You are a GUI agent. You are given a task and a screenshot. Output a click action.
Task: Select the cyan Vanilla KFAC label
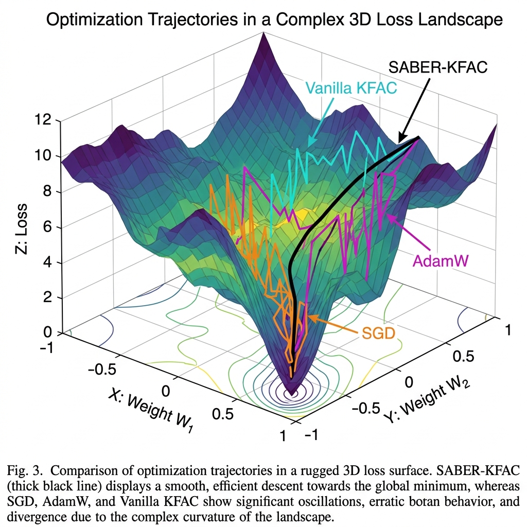[x=351, y=87]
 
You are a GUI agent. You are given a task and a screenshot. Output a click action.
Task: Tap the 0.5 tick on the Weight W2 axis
[x=462, y=357]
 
